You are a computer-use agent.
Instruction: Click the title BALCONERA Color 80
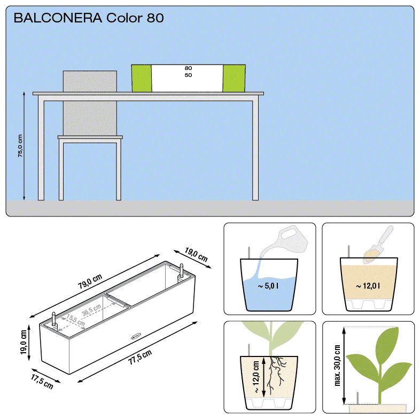tap(89, 18)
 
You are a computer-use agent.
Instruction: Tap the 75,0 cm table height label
tap(20, 146)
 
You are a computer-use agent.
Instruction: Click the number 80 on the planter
tap(188, 68)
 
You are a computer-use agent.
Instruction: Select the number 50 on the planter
tap(188, 75)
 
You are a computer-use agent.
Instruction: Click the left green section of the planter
tap(142, 78)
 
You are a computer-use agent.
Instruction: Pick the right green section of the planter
tap(234, 78)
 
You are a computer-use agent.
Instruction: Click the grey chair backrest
tap(90, 103)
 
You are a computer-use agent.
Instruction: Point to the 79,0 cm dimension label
tap(90, 281)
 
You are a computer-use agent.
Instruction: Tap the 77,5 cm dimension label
tap(140, 357)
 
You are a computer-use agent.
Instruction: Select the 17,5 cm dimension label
tap(42, 381)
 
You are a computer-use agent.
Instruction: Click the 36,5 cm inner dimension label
tap(91, 309)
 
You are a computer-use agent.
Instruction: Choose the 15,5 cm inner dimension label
tap(75, 320)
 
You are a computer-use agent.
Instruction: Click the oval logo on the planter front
tap(136, 336)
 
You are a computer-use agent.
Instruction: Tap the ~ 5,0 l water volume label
tap(268, 286)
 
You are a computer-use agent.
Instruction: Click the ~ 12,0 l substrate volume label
tap(368, 286)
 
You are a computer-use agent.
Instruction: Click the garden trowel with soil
tap(378, 245)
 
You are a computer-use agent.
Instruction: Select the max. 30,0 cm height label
tap(337, 366)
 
